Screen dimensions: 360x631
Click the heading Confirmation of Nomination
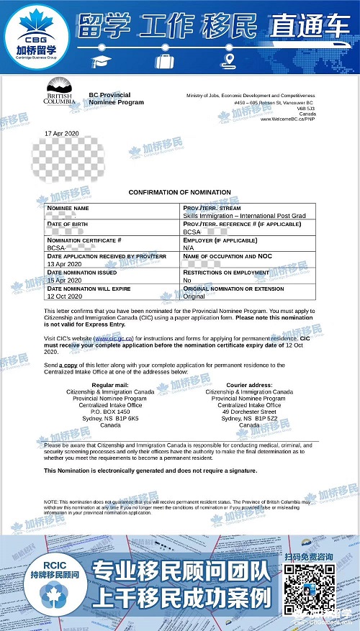point(179,193)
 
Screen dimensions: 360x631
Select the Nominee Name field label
point(68,208)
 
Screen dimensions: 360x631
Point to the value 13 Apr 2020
point(61,263)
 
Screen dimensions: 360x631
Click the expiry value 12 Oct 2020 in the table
point(62,296)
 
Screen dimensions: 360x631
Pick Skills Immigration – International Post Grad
point(233,215)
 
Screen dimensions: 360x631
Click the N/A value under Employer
point(189,248)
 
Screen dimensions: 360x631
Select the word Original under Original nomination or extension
point(194,296)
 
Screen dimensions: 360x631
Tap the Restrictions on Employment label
point(225,273)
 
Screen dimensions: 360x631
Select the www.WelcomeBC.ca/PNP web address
point(288,120)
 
